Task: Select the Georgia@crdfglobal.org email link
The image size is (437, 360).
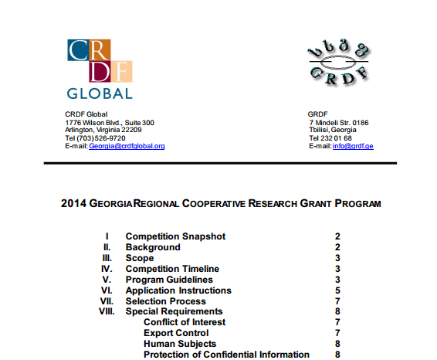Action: point(127,146)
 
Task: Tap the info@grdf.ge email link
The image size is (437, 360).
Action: point(353,146)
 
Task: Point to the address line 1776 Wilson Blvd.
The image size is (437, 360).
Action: point(110,123)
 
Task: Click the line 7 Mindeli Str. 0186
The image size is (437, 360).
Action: point(339,123)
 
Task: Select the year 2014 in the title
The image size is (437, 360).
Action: point(73,205)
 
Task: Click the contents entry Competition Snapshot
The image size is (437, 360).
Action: point(175,236)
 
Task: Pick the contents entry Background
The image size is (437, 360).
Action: point(153,247)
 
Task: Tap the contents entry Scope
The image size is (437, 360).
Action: point(140,258)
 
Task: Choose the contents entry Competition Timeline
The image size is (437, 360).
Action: point(172,269)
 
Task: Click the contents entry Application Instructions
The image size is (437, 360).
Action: point(178,290)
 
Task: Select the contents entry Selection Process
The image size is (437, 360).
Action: point(166,301)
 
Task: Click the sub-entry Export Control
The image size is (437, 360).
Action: point(176,333)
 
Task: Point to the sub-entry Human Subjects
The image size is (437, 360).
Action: point(180,344)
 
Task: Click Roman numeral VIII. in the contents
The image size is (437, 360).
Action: point(106,312)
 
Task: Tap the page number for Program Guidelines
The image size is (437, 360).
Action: point(337,280)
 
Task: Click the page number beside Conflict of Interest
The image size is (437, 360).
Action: point(337,322)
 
